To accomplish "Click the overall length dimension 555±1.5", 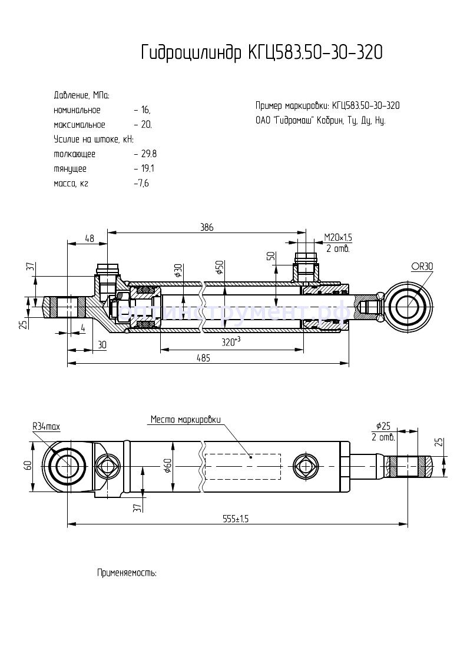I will pos(236,518).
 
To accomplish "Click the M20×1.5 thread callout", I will pos(338,237).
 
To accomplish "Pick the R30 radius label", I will pos(422,267).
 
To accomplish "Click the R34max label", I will pos(48,426).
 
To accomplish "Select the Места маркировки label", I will pos(186,420).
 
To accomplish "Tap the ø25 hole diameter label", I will pos(384,426).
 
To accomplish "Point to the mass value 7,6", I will pos(144,184).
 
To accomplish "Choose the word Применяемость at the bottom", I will pos(127,572).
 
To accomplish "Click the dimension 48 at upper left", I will pos(89,238).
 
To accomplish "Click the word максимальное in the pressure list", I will pos(79,125).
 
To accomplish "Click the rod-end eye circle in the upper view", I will pos(407,307).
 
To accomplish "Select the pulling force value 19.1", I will pos(147,169).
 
